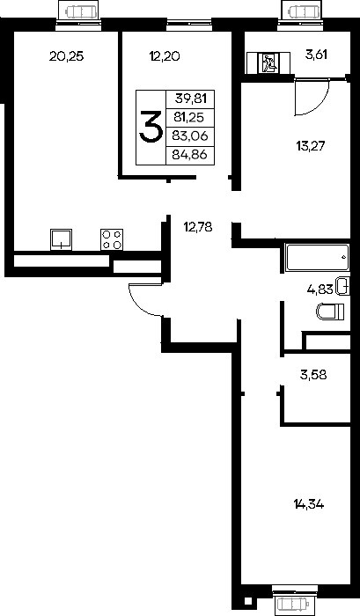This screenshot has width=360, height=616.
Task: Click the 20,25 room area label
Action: click(66, 56)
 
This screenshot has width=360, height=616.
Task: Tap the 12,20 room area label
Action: click(165, 56)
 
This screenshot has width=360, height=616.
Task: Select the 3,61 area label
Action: click(316, 55)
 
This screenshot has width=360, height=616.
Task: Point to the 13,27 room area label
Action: click(311, 146)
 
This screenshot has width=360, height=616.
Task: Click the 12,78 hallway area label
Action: click(198, 227)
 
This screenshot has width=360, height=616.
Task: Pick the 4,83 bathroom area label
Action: click(320, 290)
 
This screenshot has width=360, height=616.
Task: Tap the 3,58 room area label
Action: click(313, 375)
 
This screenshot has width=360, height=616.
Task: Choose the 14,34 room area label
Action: click(309, 504)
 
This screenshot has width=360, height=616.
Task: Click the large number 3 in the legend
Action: click(151, 127)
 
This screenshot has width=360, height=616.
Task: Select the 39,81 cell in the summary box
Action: click(191, 99)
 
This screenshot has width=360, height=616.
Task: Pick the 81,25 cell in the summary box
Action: click(190, 117)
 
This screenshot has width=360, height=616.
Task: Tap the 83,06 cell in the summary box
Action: click(190, 136)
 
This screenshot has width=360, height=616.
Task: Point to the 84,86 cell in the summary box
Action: click(190, 154)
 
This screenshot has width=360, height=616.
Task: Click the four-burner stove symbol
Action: click(112, 239)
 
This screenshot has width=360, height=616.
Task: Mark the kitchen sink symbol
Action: click(61, 239)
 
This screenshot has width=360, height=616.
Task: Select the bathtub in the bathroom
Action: click(317, 257)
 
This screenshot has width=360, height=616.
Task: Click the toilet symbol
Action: click(330, 312)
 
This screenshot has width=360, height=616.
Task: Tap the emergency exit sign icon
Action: click(268, 63)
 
